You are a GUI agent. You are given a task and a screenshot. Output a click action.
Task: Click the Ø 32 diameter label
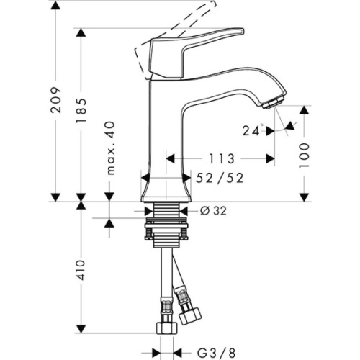(213, 211)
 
